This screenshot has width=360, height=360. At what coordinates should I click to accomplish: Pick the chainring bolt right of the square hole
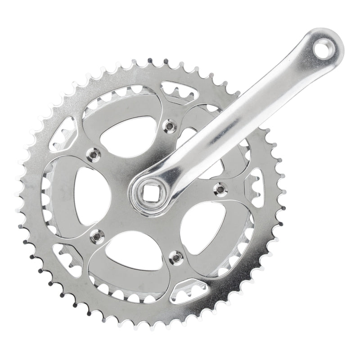pyautogui.click(x=220, y=189)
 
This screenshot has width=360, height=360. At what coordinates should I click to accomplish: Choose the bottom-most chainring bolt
pyautogui.click(x=176, y=256)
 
